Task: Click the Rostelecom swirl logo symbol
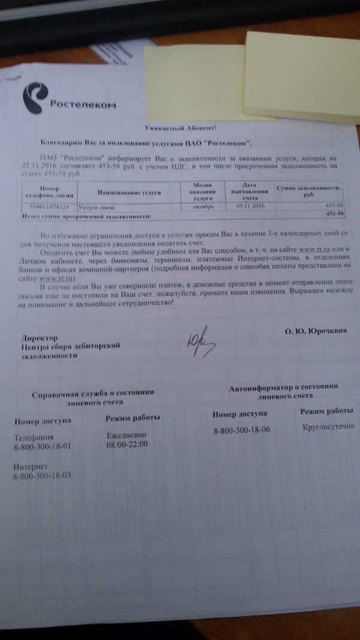(x=37, y=97)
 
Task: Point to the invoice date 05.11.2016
(x=250, y=205)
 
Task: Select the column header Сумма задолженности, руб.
(x=310, y=191)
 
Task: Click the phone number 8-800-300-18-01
(x=42, y=447)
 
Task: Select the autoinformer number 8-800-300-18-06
(x=242, y=430)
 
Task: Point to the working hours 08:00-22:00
(x=127, y=445)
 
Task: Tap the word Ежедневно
(x=126, y=435)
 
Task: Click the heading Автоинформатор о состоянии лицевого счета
(x=284, y=393)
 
